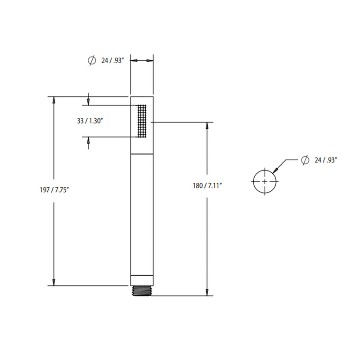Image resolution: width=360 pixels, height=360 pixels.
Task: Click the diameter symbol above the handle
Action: click(x=92, y=60)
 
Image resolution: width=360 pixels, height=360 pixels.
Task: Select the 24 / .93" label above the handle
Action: click(x=112, y=60)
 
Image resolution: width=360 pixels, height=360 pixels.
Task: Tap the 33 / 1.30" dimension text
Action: click(x=90, y=121)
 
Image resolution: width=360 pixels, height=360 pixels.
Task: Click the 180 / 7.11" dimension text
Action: click(x=207, y=185)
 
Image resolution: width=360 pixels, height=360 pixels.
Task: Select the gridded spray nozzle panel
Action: click(x=142, y=121)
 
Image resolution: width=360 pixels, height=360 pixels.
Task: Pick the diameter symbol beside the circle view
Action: click(x=305, y=159)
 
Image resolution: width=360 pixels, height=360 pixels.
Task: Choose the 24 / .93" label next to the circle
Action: click(x=326, y=159)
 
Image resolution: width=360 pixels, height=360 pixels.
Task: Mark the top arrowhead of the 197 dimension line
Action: click(x=54, y=100)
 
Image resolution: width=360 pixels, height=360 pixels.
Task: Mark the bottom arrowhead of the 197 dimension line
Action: click(x=54, y=282)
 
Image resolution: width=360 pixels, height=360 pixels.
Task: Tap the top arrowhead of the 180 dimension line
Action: click(x=207, y=126)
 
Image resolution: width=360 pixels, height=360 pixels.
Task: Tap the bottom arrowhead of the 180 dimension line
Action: click(x=207, y=292)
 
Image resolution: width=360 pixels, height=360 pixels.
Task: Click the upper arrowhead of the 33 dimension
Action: click(x=88, y=102)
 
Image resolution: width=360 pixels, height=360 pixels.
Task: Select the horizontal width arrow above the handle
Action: click(x=142, y=60)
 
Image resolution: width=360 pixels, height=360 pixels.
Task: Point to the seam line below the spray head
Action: click(x=142, y=154)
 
